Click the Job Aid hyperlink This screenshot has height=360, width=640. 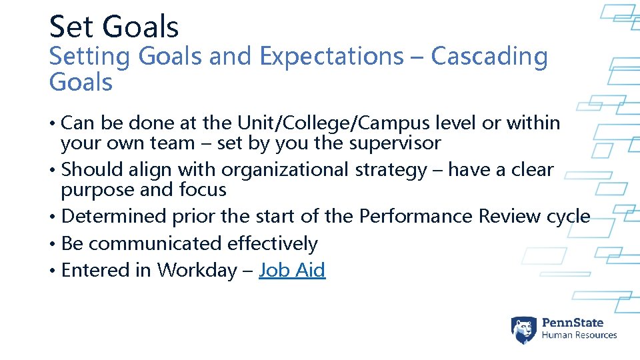click(292, 270)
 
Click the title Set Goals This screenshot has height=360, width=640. click(114, 27)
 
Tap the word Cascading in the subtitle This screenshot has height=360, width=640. click(489, 57)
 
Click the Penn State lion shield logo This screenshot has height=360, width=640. click(523, 329)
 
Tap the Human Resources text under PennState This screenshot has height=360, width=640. click(579, 335)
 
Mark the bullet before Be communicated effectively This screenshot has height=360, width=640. click(53, 244)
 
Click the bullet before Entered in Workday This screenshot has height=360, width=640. click(53, 271)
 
